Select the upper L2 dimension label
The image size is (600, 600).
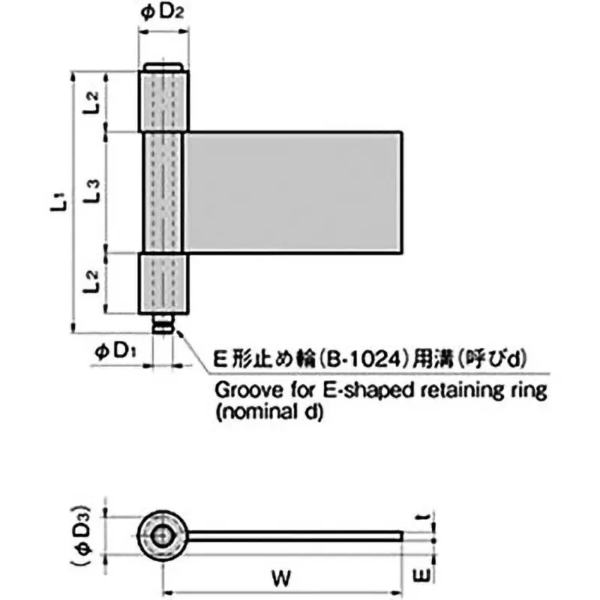click(x=92, y=101)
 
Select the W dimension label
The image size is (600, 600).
click(x=281, y=578)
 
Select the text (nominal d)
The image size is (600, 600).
click(x=268, y=412)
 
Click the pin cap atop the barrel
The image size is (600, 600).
click(x=163, y=67)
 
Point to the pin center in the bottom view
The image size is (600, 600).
click(x=163, y=535)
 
